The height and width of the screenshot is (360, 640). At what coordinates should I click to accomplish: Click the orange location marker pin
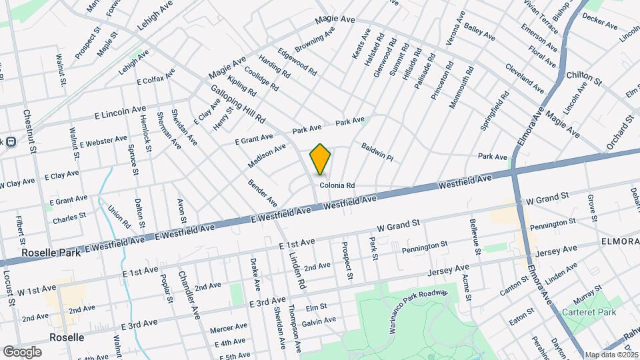click(x=321, y=159)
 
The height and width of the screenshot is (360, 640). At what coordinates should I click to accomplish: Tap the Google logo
click(x=22, y=351)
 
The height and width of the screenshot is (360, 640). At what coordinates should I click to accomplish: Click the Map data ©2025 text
click(x=611, y=355)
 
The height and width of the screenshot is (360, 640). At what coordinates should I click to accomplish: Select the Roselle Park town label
click(x=51, y=253)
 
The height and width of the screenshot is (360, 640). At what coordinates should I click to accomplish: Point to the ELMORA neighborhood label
click(x=619, y=240)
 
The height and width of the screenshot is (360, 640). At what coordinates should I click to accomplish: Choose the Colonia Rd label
click(x=336, y=186)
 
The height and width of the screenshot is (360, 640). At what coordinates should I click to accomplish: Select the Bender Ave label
click(x=263, y=192)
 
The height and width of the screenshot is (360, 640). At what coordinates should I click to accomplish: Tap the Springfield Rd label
click(x=495, y=112)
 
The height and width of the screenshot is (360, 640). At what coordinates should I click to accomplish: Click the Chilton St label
click(x=584, y=79)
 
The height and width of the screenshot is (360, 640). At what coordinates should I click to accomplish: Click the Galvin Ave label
click(x=319, y=321)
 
